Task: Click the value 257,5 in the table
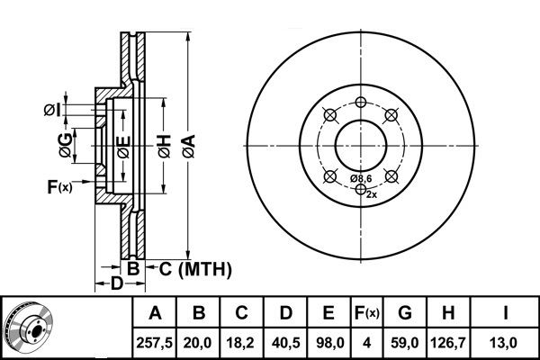click(154, 343)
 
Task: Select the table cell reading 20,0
click(198, 343)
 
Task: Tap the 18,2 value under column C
click(240, 343)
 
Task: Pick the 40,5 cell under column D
click(285, 343)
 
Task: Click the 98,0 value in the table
click(329, 343)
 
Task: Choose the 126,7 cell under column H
click(447, 343)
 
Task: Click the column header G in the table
click(405, 313)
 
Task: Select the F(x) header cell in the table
click(367, 313)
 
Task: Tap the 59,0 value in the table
click(405, 343)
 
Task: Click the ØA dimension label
click(189, 147)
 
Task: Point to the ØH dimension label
click(165, 147)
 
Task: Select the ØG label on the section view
click(66, 145)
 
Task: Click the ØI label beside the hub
click(52, 110)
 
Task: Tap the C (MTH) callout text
click(195, 269)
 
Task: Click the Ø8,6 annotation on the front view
click(361, 178)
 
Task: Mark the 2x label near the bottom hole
click(372, 194)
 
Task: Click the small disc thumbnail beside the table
click(28, 327)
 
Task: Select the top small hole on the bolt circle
click(361, 102)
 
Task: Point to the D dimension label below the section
click(116, 283)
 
